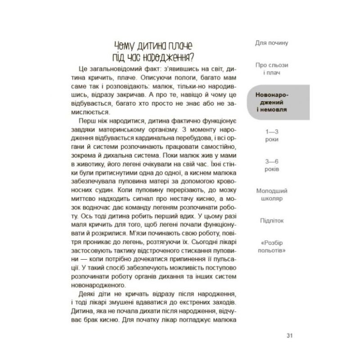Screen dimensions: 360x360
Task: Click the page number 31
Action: point(289,335)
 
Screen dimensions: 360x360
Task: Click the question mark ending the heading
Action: point(192,57)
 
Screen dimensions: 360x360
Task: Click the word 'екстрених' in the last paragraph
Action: point(179,304)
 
